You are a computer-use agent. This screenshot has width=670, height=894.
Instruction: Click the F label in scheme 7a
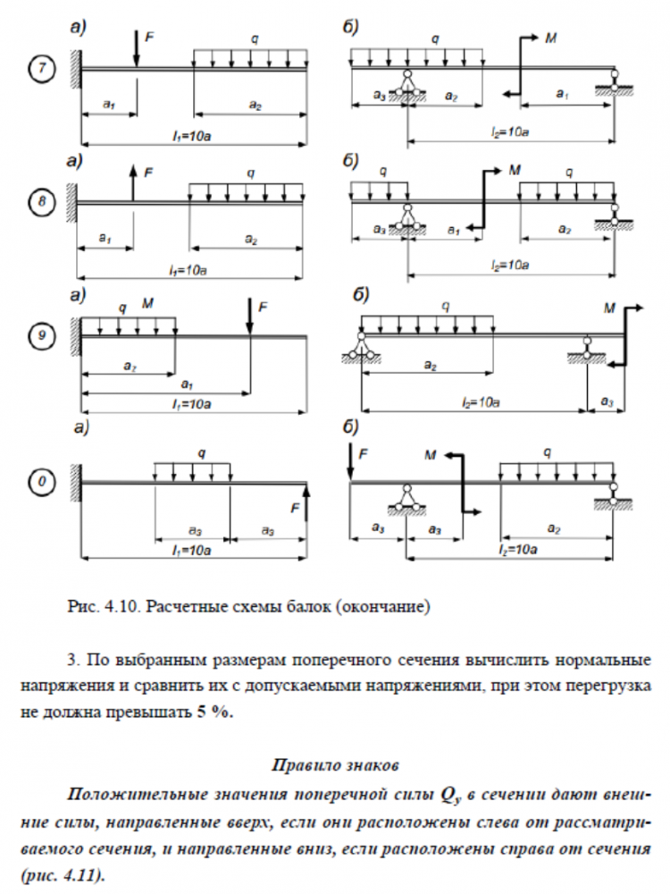pyautogui.click(x=149, y=38)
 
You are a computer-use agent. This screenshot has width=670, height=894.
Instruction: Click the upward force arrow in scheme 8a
pyautogui.click(x=131, y=183)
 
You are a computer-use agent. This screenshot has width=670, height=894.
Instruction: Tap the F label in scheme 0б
pyautogui.click(x=363, y=454)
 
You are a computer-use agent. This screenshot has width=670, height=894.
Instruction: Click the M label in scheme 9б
pyautogui.click(x=610, y=308)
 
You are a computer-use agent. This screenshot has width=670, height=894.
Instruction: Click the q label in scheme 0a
pyautogui.click(x=192, y=453)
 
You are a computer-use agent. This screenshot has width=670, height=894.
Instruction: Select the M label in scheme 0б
pyautogui.click(x=431, y=454)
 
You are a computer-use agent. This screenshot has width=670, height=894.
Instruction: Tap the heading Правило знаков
pyautogui.click(x=334, y=765)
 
